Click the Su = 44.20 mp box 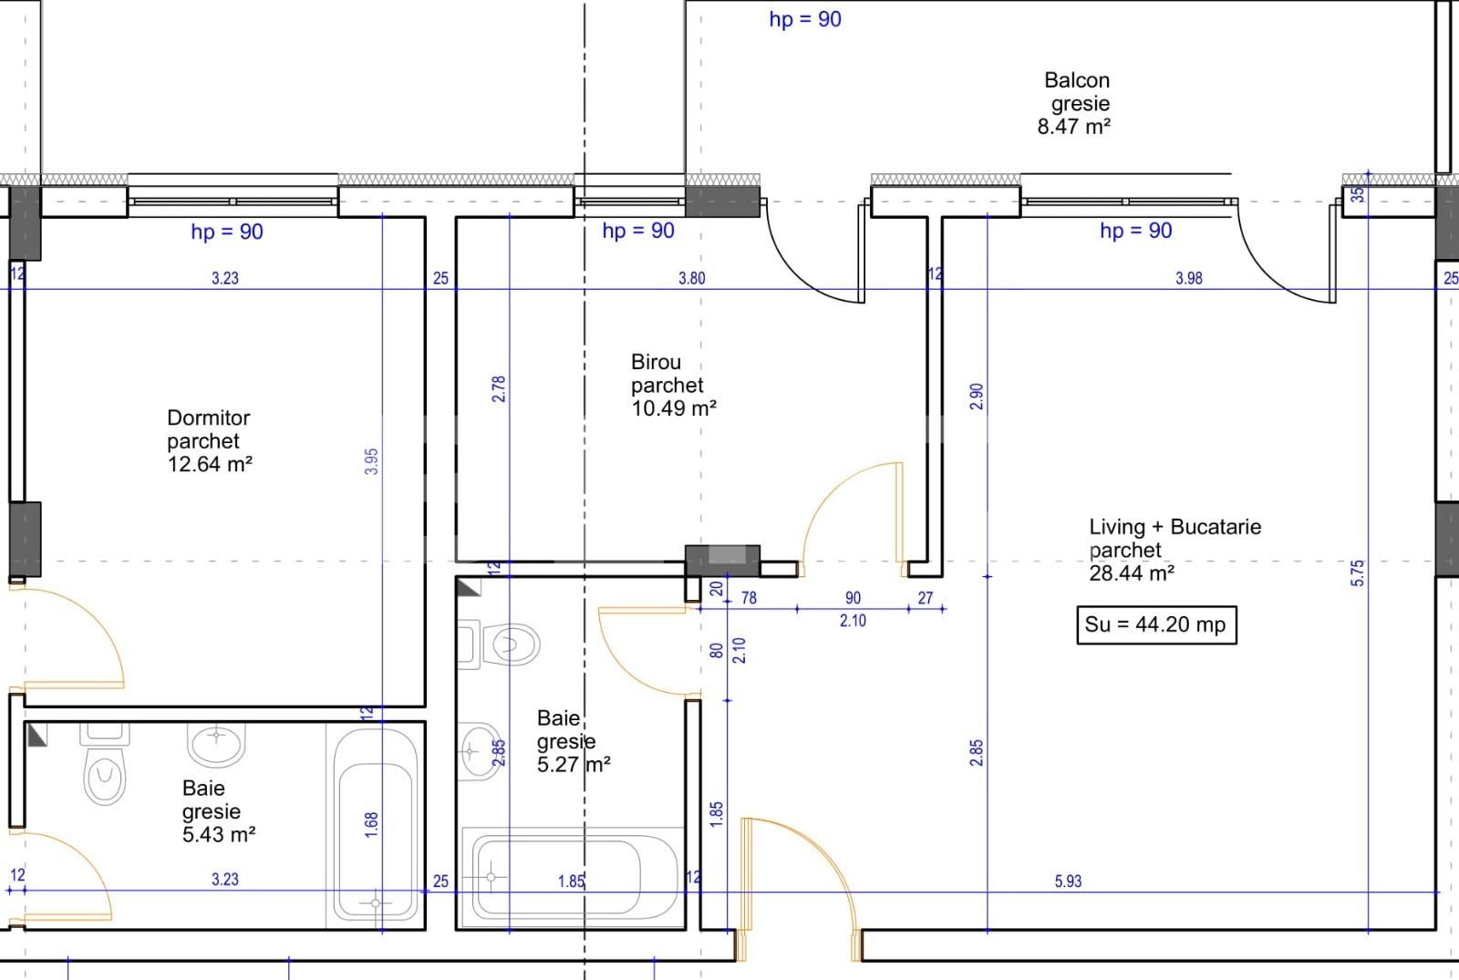tap(1155, 625)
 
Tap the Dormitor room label tap(208, 418)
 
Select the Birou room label tap(656, 362)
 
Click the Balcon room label tap(1076, 81)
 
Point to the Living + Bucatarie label tap(1174, 527)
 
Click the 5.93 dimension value tap(1068, 882)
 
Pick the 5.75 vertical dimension tap(1358, 573)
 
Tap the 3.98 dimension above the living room tap(1188, 278)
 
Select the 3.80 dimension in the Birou tap(691, 278)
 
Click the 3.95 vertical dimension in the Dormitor tap(371, 460)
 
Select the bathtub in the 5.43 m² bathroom tap(376, 825)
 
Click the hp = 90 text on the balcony tap(804, 19)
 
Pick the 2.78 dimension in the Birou tap(498, 389)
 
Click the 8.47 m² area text tap(1073, 127)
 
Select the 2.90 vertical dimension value tap(977, 396)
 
